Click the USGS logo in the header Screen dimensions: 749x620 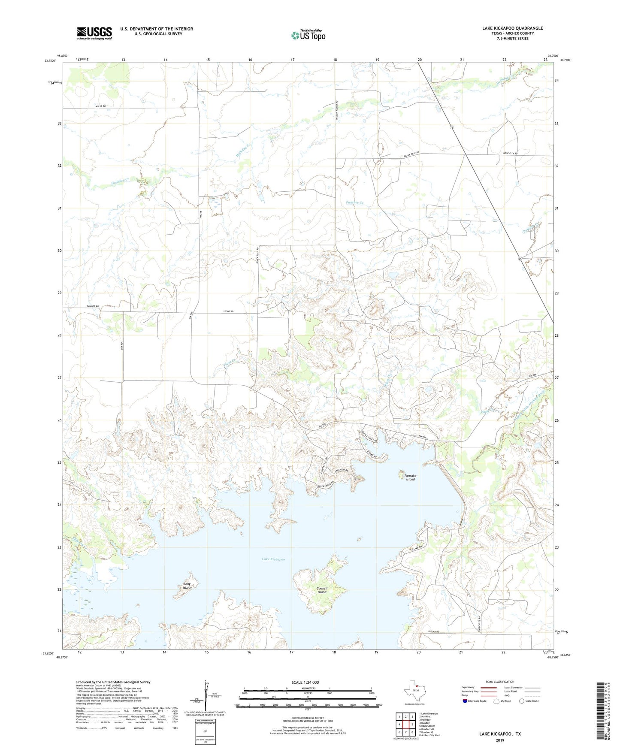94,33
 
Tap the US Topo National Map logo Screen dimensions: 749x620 308,35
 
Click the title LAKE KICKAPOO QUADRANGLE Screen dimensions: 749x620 512,28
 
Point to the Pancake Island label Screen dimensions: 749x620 410,477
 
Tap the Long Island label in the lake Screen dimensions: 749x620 187,586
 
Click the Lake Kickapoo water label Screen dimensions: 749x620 273,559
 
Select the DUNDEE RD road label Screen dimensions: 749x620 92,306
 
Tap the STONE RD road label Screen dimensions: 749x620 228,311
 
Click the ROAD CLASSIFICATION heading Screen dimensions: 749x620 500,682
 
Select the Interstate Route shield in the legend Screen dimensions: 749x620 466,701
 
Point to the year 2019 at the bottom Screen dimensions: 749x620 500,740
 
